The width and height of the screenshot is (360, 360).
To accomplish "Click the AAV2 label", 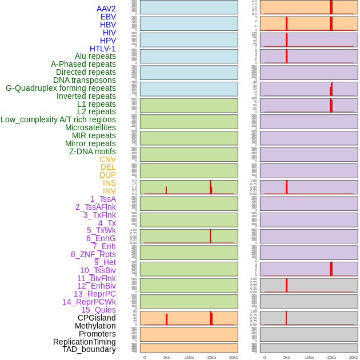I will point(106,9).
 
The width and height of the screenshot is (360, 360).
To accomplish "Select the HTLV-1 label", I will point(102,49).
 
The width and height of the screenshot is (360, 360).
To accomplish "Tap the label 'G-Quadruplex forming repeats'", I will point(61,88).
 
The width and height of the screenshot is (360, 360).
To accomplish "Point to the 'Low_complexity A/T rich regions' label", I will point(58,119).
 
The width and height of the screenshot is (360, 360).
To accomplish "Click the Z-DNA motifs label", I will point(93,151).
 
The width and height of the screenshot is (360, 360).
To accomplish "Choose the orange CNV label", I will point(107,159).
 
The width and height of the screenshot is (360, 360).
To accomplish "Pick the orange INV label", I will point(109,191).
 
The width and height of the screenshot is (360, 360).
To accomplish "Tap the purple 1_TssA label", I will point(103,199).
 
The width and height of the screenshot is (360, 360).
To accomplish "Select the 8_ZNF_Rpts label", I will point(93,254).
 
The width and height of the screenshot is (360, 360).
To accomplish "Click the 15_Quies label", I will point(98,310).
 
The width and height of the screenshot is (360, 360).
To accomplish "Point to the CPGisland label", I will point(97,318).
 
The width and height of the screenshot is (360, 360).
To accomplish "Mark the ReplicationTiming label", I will point(85,342).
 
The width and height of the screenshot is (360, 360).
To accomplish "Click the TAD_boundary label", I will point(89,349).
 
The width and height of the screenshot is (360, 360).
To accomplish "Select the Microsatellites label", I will point(90,127).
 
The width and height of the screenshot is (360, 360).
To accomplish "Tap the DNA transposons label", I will point(85,80).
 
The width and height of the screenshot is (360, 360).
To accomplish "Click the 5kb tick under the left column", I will point(167,357).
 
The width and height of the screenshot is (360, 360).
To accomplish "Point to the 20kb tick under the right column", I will point(353,357).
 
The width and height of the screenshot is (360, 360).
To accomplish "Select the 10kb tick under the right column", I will point(309,357).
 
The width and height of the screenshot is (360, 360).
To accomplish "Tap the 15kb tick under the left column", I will point(211,357).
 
